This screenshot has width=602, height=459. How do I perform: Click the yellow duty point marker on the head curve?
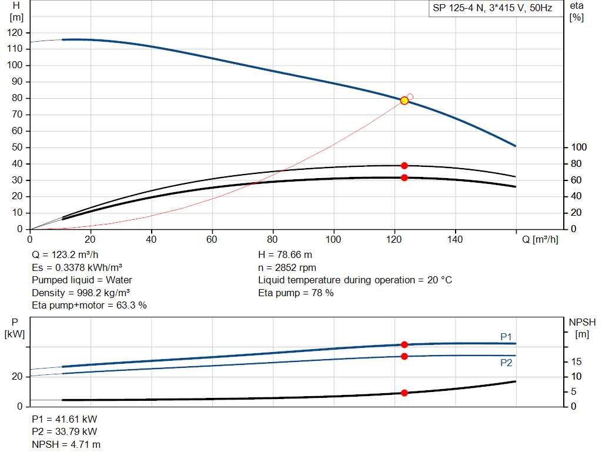(404, 100)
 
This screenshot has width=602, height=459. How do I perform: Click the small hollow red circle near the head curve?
(410, 97)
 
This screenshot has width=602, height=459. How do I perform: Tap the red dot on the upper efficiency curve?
(404, 166)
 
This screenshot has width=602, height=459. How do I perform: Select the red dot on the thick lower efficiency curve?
(404, 177)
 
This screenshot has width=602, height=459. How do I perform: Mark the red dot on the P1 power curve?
(404, 344)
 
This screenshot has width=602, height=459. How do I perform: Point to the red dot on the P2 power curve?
(404, 357)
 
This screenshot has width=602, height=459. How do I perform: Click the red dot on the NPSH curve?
(404, 393)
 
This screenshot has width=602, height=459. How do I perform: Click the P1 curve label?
(506, 337)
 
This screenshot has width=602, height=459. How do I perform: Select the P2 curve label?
(506, 363)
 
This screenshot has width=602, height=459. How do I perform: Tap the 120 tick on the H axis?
(15, 33)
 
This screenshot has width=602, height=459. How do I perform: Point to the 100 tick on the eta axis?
(579, 147)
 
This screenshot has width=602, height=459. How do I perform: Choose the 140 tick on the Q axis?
(455, 239)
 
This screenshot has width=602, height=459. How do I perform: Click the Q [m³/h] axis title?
(540, 239)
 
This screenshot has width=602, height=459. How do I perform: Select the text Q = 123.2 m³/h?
(65, 255)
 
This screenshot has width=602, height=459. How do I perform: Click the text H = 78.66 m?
(285, 255)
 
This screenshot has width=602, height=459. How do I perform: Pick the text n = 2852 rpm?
(287, 267)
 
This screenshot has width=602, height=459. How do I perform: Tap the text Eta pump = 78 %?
(296, 293)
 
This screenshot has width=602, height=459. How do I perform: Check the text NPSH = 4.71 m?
(66, 444)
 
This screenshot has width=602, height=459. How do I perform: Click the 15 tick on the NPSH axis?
(576, 361)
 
